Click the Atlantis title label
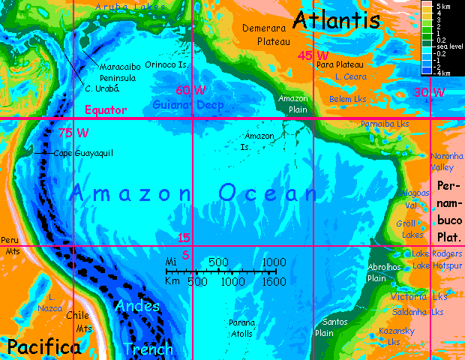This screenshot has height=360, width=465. (337, 20)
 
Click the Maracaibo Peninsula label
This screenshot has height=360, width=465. (118, 72)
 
